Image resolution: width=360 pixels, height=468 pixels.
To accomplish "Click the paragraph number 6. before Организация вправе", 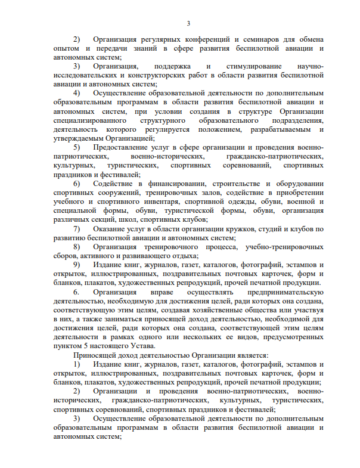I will click(77, 294).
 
